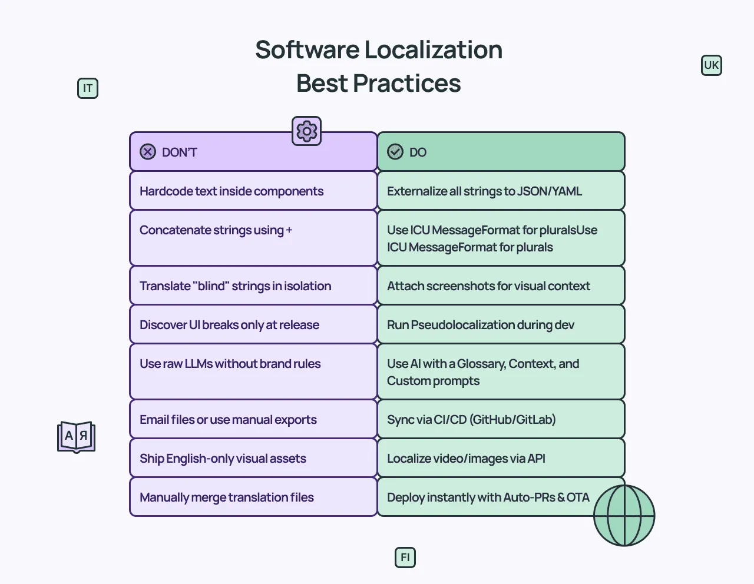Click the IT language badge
pyautogui.click(x=88, y=88)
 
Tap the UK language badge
pyautogui.click(x=712, y=65)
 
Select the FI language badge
pyautogui.click(x=405, y=558)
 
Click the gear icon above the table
pyautogui.click(x=307, y=131)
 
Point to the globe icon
pyautogui.click(x=624, y=515)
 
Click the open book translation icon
pyautogui.click(x=76, y=437)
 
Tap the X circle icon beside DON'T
pyautogui.click(x=148, y=152)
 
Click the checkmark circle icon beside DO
pyautogui.click(x=395, y=152)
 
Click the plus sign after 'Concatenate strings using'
pyautogui.click(x=289, y=230)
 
